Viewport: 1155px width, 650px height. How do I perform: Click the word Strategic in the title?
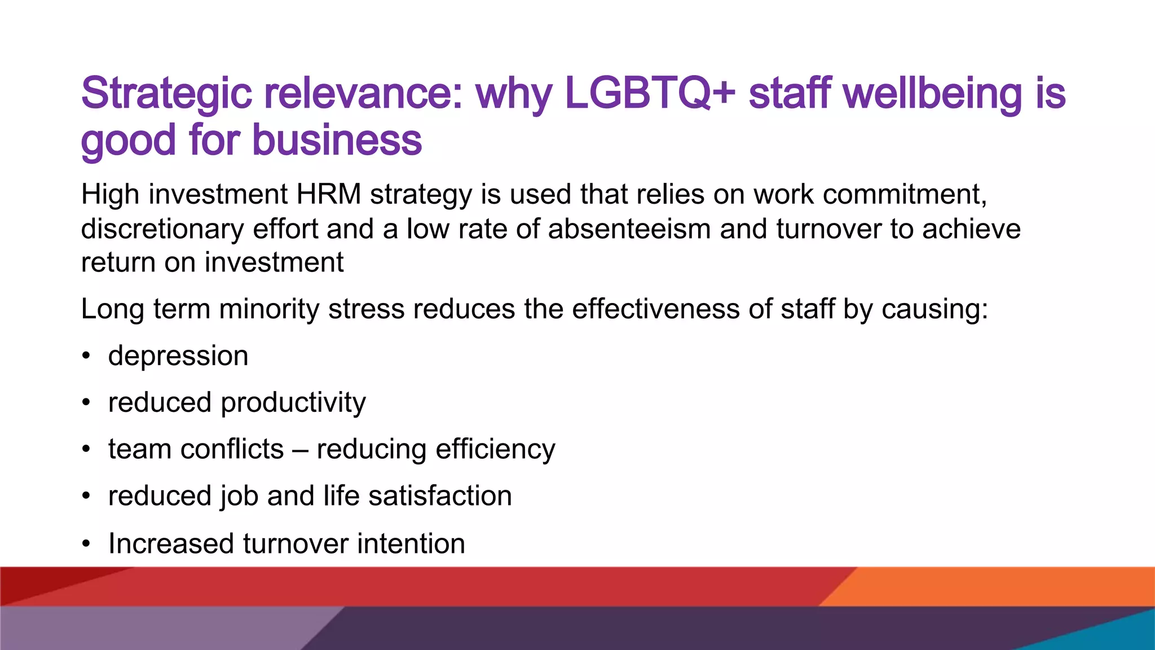(x=166, y=94)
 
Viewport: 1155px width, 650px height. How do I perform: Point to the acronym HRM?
(x=329, y=194)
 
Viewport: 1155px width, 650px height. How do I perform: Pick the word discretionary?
(x=162, y=229)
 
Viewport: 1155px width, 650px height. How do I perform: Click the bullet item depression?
(x=178, y=356)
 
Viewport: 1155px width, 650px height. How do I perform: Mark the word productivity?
(x=293, y=403)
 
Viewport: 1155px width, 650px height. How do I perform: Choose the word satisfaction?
(x=440, y=496)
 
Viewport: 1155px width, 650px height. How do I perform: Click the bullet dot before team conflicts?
(x=86, y=450)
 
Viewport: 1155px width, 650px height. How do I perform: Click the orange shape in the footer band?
(x=1004, y=586)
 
